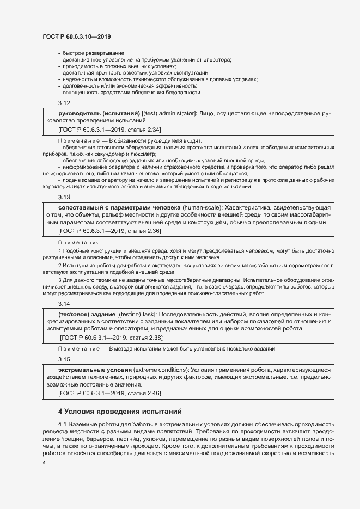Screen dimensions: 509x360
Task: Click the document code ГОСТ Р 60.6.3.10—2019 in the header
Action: click(x=76, y=36)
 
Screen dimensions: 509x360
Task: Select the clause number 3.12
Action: click(x=64, y=103)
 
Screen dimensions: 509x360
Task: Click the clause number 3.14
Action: click(x=64, y=304)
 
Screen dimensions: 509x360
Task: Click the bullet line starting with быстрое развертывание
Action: click(x=87, y=52)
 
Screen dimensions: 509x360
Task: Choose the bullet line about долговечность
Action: click(x=127, y=85)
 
